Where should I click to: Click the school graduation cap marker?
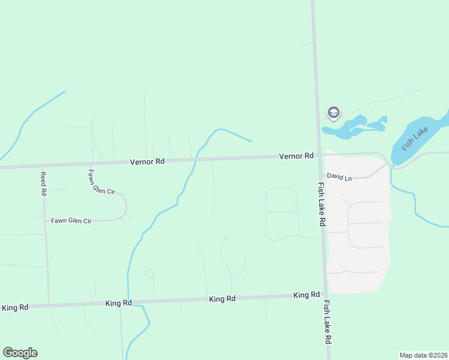pyautogui.click(x=333, y=112)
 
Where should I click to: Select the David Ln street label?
pyautogui.click(x=339, y=177)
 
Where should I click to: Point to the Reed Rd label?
pyautogui.click(x=43, y=184)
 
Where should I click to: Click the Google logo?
pyautogui.click(x=20, y=353)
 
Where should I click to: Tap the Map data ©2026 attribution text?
pyautogui.click(x=423, y=355)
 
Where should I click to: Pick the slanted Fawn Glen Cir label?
pyautogui.click(x=101, y=183)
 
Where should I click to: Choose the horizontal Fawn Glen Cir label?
pyautogui.click(x=71, y=221)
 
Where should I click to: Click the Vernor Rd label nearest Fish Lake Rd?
pyautogui.click(x=296, y=156)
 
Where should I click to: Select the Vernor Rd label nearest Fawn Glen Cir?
pyautogui.click(x=148, y=161)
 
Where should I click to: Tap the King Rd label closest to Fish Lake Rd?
pyautogui.click(x=306, y=295)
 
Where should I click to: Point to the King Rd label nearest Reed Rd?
pyautogui.click(x=15, y=307)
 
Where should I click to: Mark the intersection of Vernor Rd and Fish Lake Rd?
pyautogui.click(x=319, y=155)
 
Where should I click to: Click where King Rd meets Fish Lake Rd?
pyautogui.click(x=325, y=295)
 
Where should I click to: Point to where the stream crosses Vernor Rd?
pyautogui.click(x=196, y=160)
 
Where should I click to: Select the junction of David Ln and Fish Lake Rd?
pyautogui.click(x=321, y=176)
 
